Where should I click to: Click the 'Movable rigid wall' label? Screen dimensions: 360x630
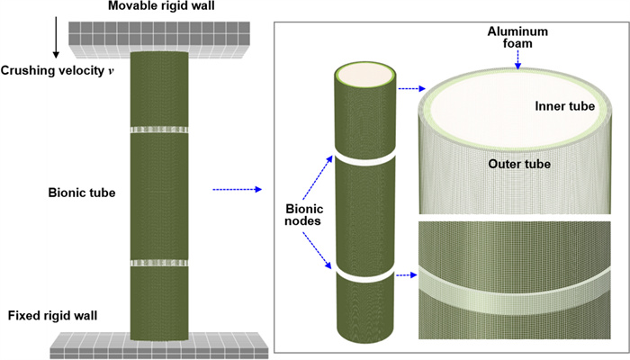click(x=163, y=7)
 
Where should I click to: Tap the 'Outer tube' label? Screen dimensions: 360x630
click(x=518, y=164)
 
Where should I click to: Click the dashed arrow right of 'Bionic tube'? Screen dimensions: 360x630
click(x=237, y=190)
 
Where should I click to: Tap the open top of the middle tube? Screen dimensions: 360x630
click(x=364, y=75)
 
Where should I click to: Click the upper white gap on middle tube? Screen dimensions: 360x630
click(x=364, y=158)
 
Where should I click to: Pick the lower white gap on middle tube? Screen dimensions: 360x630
click(x=364, y=270)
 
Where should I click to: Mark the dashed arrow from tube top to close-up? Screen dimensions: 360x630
click(x=410, y=88)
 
